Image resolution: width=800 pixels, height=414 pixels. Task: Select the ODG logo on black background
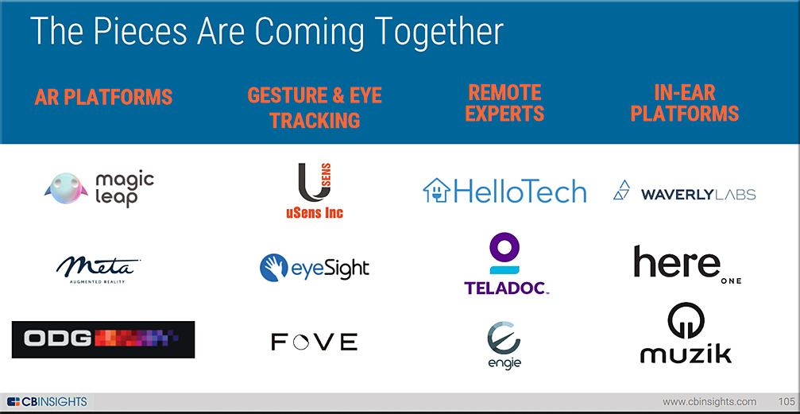(103, 339)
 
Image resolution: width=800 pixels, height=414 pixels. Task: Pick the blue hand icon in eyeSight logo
(274, 268)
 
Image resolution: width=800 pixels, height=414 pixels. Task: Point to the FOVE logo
(315, 342)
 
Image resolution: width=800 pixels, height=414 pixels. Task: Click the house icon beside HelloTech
(436, 191)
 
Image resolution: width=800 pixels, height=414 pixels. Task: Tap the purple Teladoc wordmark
(507, 288)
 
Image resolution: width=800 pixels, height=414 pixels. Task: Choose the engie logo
(504, 345)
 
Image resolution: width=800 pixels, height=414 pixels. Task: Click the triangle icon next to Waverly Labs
(622, 189)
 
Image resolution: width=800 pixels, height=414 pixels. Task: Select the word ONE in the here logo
(731, 281)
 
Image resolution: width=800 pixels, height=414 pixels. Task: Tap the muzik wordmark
(686, 354)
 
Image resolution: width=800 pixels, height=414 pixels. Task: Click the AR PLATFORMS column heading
(103, 97)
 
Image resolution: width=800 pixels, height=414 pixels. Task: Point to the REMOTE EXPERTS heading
(504, 103)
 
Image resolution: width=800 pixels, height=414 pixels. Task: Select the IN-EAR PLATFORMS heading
(685, 103)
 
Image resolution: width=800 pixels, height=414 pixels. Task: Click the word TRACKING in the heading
(315, 120)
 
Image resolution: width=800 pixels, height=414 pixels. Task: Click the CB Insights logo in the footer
(47, 401)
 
